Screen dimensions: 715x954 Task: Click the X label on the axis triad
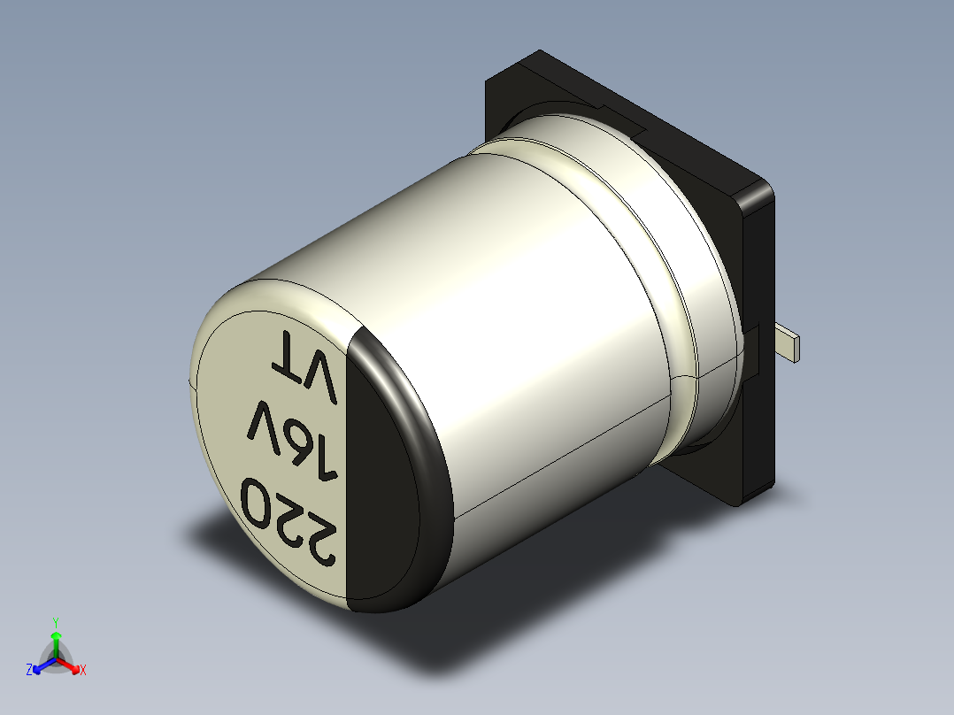coord(83,671)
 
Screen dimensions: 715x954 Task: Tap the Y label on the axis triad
coord(55,622)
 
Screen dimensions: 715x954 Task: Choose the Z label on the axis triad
coord(29,671)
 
